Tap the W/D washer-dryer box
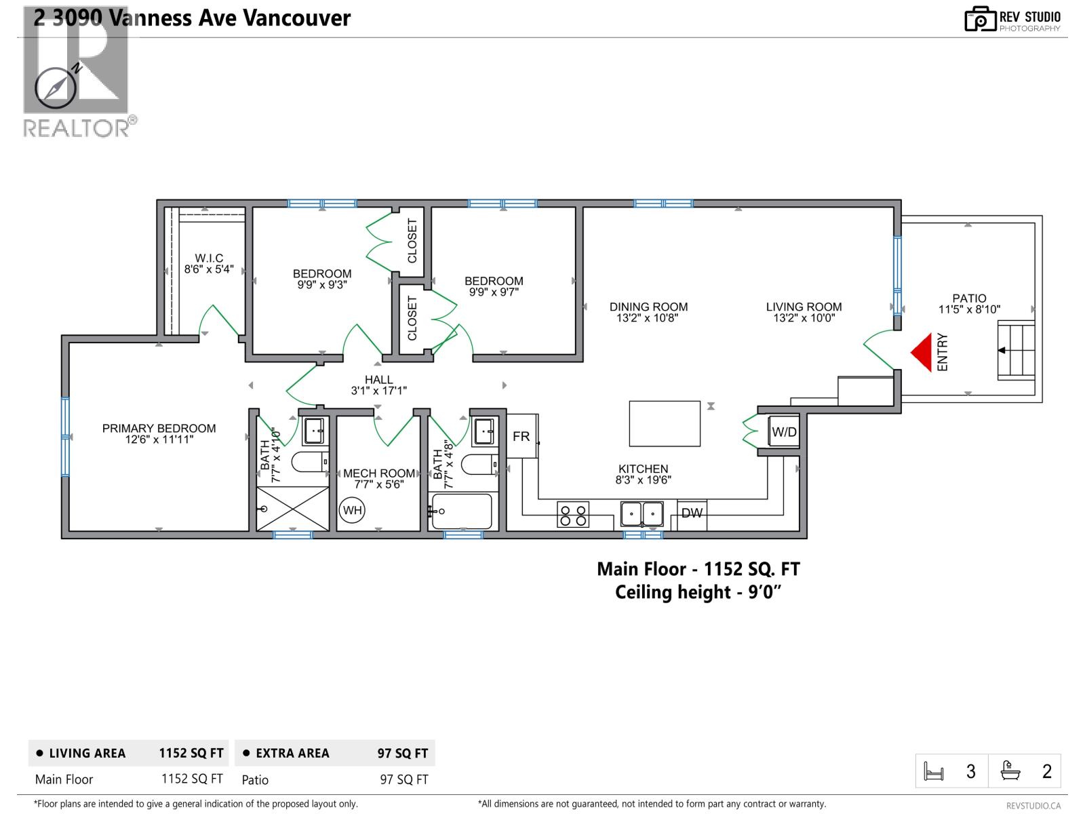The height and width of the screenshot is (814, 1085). tap(784, 432)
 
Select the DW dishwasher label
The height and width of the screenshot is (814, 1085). tap(692, 513)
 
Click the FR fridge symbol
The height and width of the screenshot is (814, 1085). tap(521, 436)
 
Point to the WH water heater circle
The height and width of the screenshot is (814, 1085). tap(353, 510)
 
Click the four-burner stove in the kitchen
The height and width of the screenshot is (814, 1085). tap(573, 514)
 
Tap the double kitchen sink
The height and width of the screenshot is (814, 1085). tap(642, 513)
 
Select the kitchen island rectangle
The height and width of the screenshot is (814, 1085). tap(665, 423)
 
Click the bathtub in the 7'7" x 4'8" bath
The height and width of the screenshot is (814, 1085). tap(462, 511)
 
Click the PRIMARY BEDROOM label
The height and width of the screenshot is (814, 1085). tap(159, 429)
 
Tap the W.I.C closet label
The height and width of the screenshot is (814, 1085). tap(209, 258)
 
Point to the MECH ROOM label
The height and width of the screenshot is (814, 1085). tap(378, 473)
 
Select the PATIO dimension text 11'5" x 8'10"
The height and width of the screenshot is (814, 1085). tap(969, 310)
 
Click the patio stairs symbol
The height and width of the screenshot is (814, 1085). tap(1016, 351)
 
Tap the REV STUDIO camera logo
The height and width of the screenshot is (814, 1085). tap(980, 19)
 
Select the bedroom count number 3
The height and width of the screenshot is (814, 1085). tap(971, 772)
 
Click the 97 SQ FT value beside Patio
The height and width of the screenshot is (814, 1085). tap(404, 780)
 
